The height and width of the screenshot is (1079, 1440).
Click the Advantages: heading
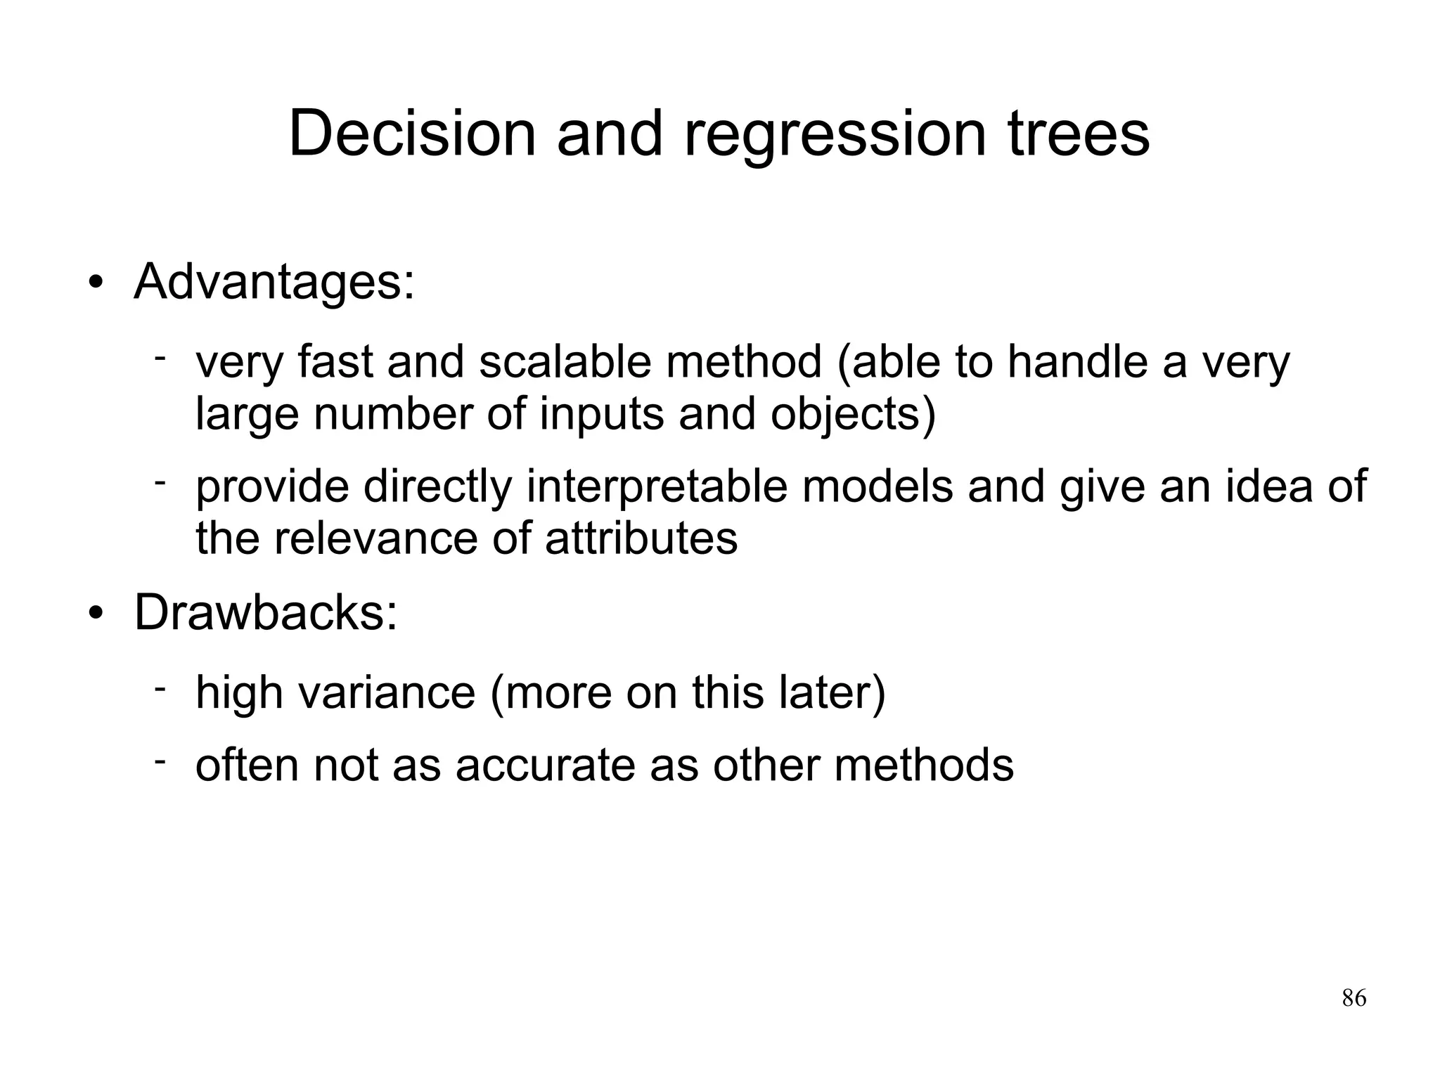[274, 282]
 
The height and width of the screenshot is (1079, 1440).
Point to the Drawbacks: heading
[266, 612]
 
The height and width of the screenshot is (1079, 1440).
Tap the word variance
[387, 692]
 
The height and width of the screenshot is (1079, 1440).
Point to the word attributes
[641, 538]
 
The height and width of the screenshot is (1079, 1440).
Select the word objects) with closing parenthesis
[853, 414]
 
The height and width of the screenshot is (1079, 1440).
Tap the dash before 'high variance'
[160, 687]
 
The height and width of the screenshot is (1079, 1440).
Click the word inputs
[601, 414]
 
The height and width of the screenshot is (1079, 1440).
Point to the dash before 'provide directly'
[160, 482]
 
